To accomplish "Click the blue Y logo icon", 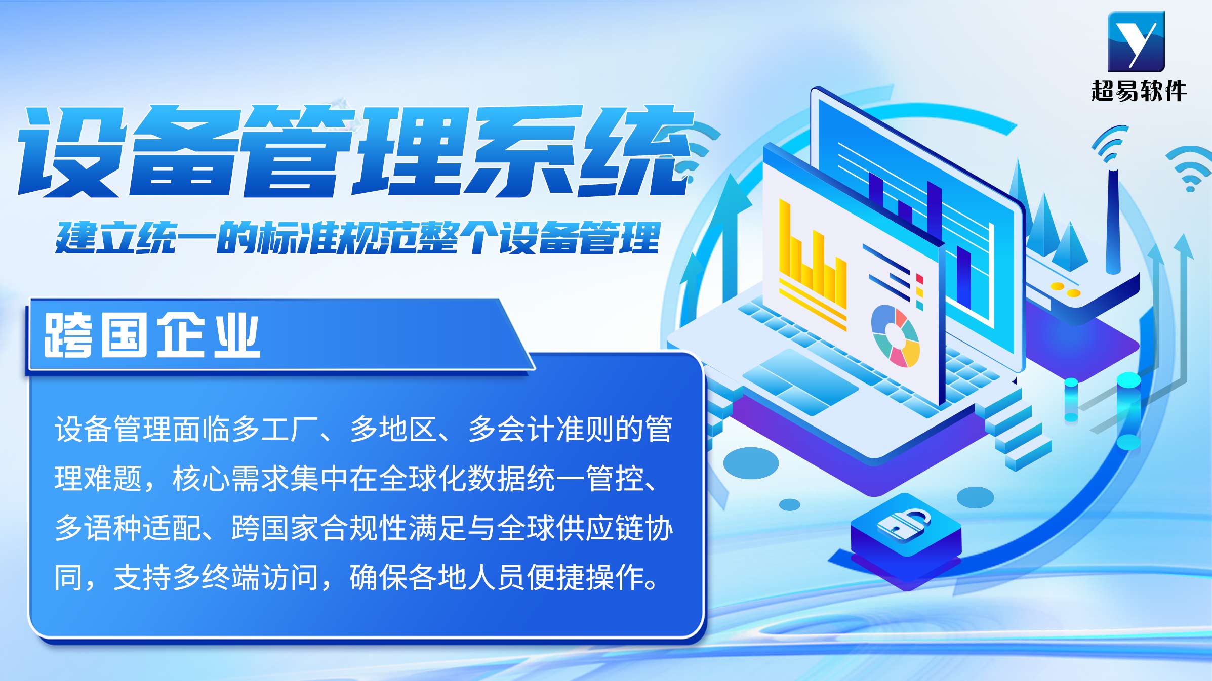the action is pyautogui.click(x=1136, y=41).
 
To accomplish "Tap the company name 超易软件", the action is pyautogui.click(x=1139, y=91).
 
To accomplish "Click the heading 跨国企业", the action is pyautogui.click(x=152, y=335).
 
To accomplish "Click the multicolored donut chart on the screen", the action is pyautogui.click(x=895, y=335).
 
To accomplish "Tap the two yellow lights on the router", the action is pyautogui.click(x=1065, y=289).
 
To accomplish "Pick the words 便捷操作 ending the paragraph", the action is pyautogui.click(x=585, y=577).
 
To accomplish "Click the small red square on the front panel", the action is pyautogui.click(x=920, y=279).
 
